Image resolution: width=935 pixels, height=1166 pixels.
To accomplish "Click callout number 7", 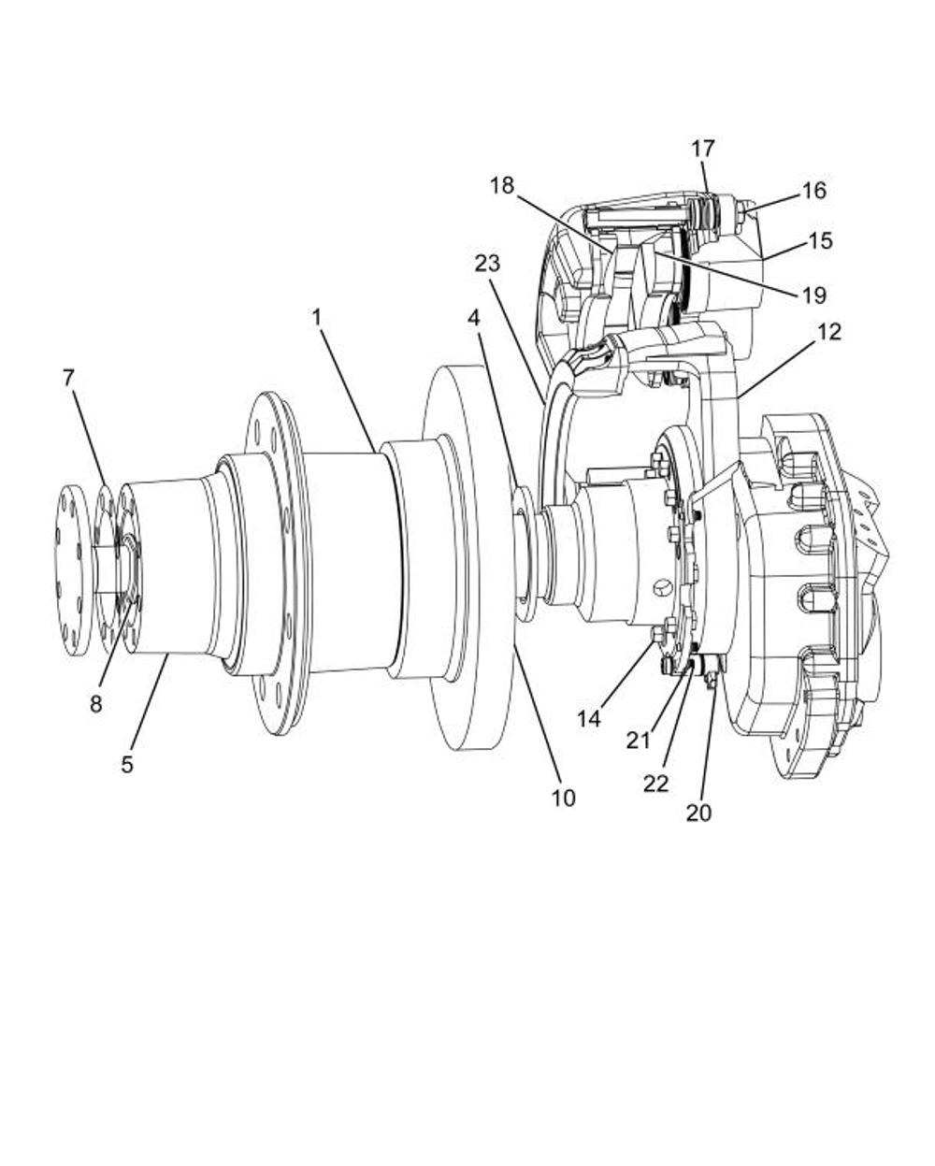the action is [x=67, y=379].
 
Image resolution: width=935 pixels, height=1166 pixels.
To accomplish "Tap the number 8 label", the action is [x=96, y=704].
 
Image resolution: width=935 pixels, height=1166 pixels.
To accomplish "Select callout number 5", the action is [x=127, y=765].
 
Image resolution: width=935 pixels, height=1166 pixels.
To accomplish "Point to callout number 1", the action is [x=317, y=318].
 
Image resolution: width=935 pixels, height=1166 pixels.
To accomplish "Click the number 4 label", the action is [x=474, y=318].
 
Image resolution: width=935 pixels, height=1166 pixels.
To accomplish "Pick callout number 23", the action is [x=487, y=264].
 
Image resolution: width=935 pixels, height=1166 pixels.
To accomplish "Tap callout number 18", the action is [x=502, y=186].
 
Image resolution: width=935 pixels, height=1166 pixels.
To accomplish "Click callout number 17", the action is [x=703, y=148].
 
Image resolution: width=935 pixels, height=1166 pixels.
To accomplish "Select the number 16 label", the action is [x=813, y=190].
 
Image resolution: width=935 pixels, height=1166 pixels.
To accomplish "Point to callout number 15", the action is [x=821, y=240].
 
